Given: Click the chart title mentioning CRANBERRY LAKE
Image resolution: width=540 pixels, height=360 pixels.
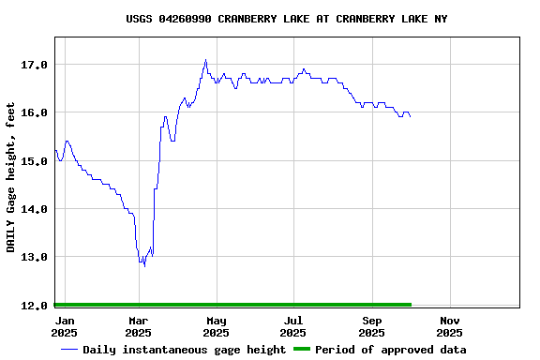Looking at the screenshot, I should point(287,19).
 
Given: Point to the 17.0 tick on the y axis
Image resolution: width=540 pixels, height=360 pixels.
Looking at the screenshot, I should point(35,65).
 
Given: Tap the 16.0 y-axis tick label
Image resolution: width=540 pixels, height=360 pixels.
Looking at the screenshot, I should point(35,112).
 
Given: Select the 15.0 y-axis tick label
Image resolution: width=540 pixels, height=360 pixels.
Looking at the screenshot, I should point(35,161).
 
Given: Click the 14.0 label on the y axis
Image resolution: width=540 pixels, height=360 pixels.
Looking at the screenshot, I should point(35,209).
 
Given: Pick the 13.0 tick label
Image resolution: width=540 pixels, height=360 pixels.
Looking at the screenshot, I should point(35,257).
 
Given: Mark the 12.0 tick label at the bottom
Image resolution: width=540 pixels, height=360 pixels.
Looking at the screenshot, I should point(35,306).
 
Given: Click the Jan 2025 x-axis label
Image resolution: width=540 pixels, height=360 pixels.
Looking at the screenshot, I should point(64,326).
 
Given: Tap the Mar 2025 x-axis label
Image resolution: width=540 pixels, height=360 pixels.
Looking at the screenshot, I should point(139,326).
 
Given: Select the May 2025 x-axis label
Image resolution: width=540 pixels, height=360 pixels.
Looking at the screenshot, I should point(217,326).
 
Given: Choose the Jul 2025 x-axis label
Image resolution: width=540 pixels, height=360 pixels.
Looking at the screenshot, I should point(293,326).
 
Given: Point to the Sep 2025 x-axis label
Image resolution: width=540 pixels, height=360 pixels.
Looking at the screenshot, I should point(372,326).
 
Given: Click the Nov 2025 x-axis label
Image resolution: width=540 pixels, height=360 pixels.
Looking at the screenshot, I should point(449,326).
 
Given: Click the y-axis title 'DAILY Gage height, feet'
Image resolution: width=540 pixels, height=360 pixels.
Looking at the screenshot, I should point(11,177).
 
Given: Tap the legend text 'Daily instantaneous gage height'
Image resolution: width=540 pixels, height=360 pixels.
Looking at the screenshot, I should point(184,350).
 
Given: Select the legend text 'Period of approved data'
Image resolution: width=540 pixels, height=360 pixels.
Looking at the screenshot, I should point(390,350).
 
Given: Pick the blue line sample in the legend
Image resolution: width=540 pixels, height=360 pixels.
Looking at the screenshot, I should point(69,350).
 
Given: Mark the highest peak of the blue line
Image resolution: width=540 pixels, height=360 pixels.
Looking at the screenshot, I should point(205,60).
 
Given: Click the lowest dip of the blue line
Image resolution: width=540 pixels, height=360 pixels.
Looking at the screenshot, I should point(144,266).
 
